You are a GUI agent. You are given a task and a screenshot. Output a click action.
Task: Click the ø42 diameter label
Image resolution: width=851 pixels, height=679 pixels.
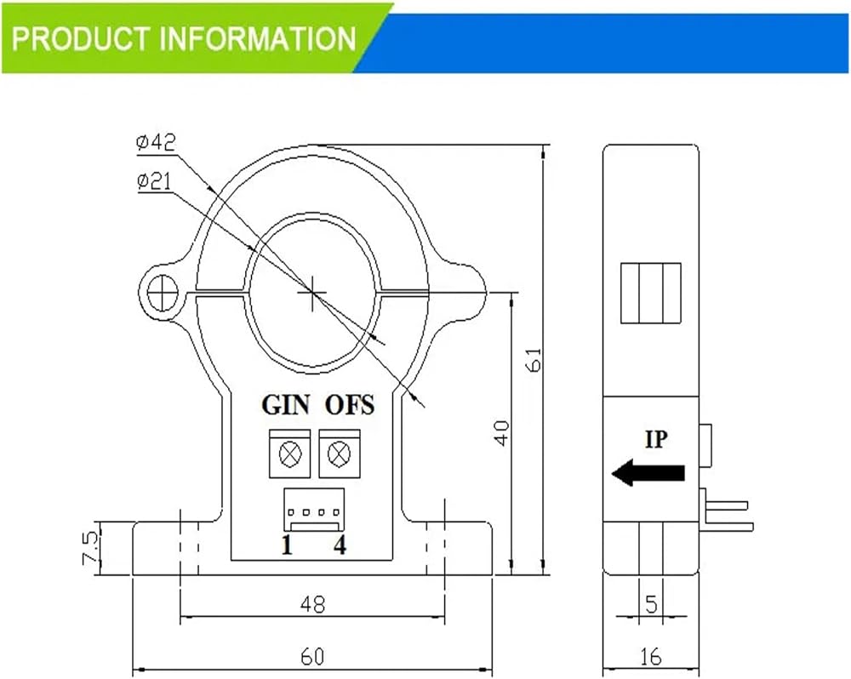[156, 143]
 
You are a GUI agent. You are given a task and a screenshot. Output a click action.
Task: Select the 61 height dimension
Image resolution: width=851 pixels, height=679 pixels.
[534, 359]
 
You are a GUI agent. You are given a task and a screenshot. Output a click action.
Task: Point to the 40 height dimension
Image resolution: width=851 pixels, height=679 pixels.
[502, 432]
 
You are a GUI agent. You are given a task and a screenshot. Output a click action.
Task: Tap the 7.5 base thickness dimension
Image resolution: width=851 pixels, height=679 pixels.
[90, 548]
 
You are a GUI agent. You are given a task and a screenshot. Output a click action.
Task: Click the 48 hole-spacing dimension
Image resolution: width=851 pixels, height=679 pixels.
[312, 604]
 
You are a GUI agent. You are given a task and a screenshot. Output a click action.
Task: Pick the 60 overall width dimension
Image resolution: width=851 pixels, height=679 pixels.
[312, 657]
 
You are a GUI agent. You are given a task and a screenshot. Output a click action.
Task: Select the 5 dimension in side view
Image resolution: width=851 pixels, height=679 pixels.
[651, 603]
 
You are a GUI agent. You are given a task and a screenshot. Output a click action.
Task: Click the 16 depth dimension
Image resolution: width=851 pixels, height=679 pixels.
[651, 657]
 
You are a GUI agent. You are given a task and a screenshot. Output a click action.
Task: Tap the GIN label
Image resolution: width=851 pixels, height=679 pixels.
[285, 405]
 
